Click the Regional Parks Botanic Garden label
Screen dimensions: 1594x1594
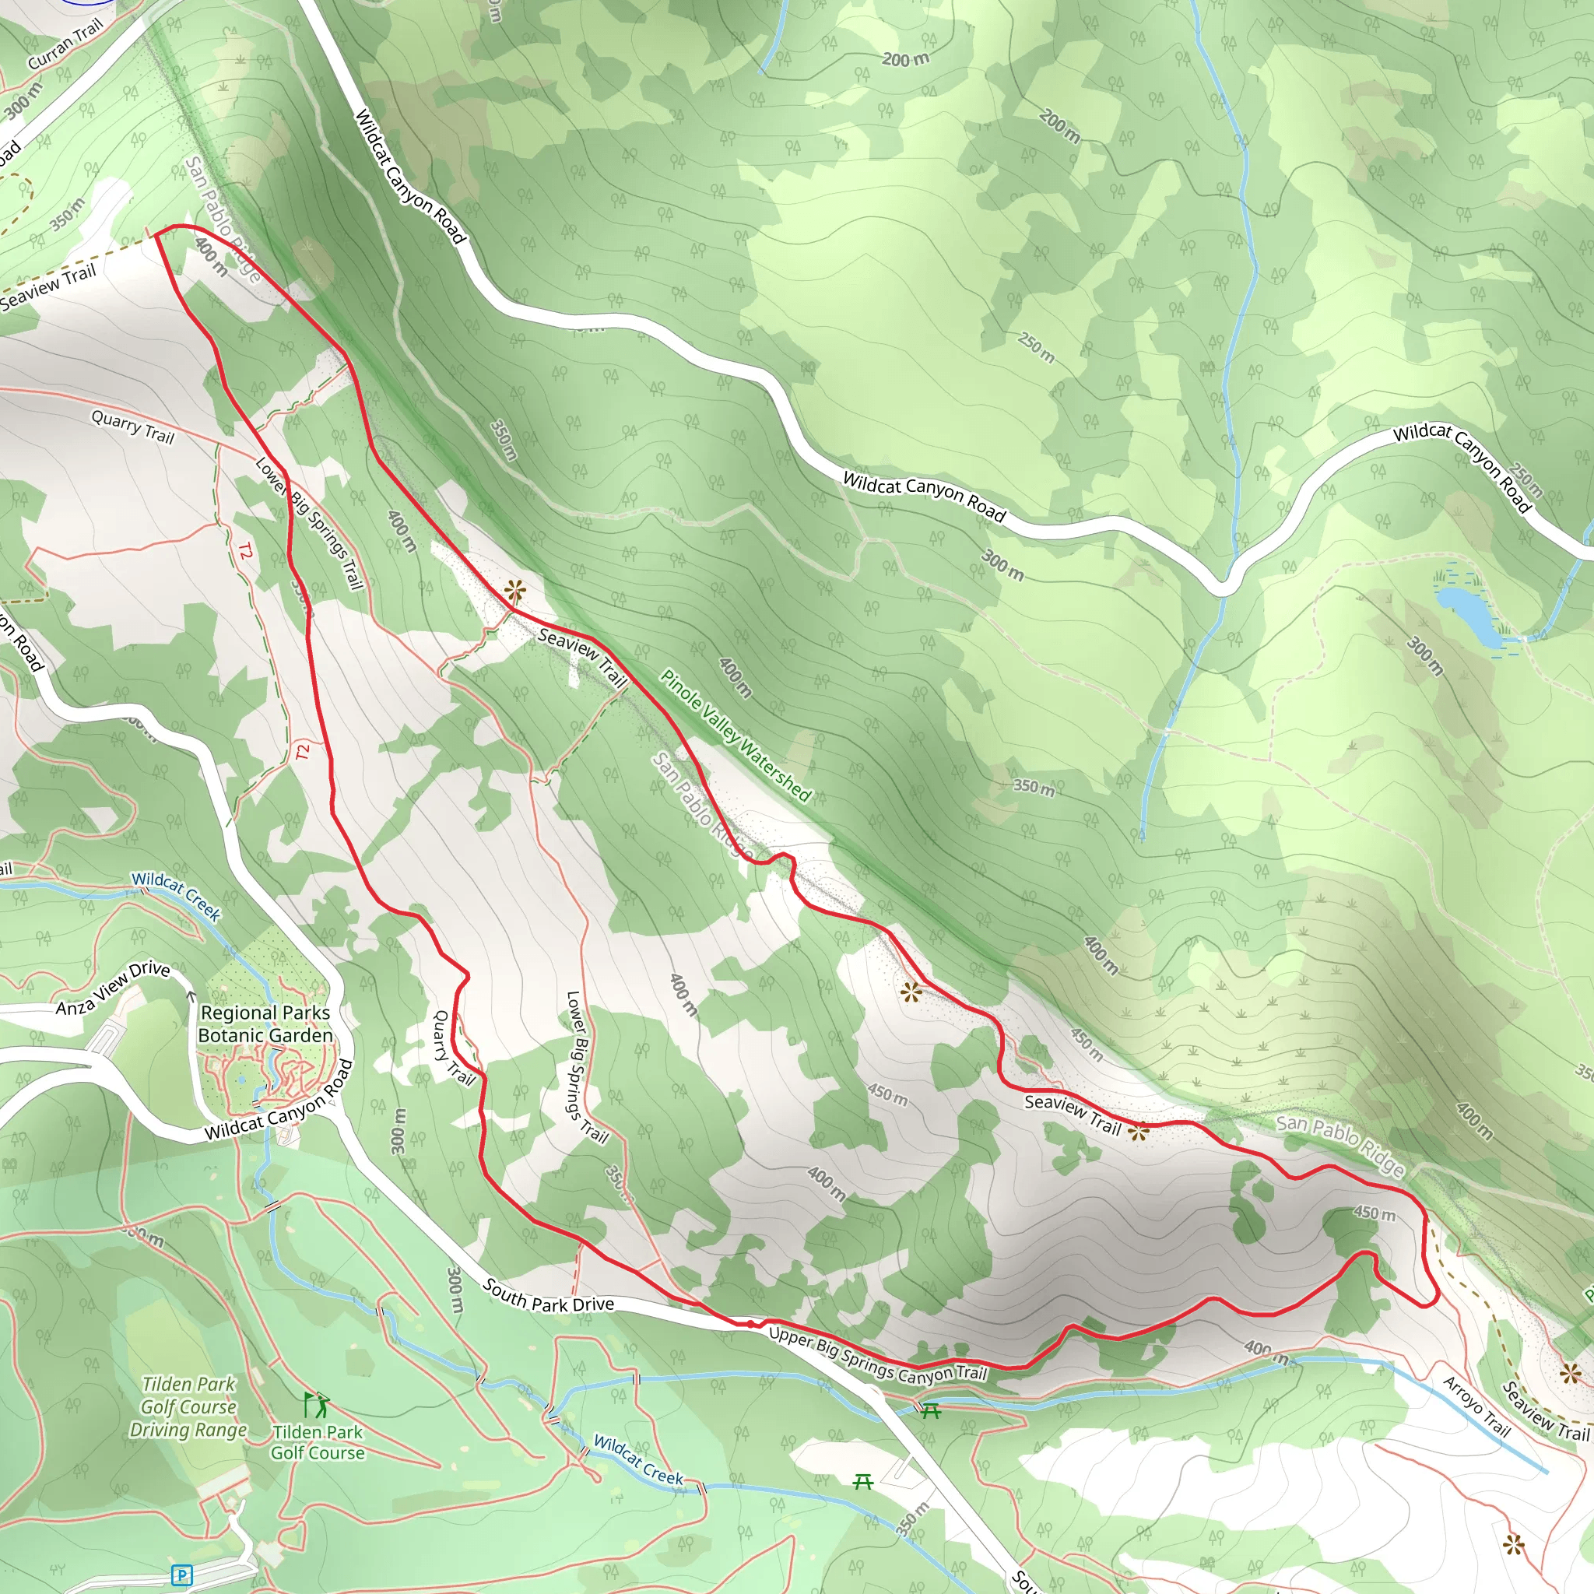click(x=265, y=1024)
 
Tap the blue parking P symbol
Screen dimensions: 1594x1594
click(x=181, y=1575)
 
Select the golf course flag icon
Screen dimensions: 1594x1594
click(x=316, y=1404)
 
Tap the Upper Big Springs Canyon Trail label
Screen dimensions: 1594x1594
click(x=877, y=1355)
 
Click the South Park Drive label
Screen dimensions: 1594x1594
click(x=549, y=1296)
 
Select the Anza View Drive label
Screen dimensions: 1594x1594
click(x=112, y=988)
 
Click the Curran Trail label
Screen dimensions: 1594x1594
click(x=65, y=44)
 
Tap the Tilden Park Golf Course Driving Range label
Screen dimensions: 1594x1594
click(x=188, y=1406)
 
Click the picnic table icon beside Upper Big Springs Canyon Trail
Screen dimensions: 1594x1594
click(x=931, y=1410)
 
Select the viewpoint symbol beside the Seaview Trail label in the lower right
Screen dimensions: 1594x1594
click(x=1139, y=1132)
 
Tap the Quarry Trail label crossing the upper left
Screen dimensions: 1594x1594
click(x=132, y=427)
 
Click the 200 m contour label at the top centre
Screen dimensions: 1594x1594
click(x=905, y=59)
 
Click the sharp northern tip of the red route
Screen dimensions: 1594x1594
click(x=156, y=234)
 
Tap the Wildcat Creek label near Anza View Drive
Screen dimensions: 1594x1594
click(x=176, y=895)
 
